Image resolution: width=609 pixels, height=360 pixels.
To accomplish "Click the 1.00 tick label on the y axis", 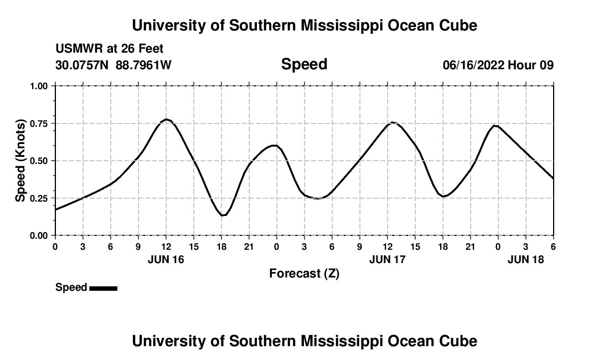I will pos(39,86).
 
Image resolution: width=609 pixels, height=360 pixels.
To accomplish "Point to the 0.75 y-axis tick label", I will pos(39,124).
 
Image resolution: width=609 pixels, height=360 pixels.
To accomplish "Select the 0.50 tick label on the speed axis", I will pos(39,161).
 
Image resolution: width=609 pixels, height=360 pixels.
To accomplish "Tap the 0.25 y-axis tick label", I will pos(39,198).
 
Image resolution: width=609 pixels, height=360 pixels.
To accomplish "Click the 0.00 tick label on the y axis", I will pos(39,235).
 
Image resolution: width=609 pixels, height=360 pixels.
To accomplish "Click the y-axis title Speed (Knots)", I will pos(20,161).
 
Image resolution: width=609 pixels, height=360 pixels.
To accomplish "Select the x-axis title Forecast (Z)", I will pos(304,274).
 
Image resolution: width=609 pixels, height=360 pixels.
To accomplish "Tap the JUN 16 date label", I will pos(166,259).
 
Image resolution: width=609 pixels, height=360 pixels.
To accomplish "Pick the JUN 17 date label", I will pos(388,259).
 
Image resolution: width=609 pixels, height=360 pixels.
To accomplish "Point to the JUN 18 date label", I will pos(526,259).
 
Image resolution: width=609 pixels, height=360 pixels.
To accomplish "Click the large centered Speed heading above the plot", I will pos(304,64).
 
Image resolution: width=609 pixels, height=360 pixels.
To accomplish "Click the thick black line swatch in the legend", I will pos(103,288).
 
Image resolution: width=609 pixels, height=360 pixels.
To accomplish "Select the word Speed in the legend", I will pos(71,287).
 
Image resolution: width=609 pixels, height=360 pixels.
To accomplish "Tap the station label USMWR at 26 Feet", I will pos(109,49).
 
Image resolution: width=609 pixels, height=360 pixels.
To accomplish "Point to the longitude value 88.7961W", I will pos(143,65).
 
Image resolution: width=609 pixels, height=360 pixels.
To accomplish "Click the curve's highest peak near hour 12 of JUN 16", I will pos(166,120).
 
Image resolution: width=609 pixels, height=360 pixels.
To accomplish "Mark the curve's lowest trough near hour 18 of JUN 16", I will pos(223,215).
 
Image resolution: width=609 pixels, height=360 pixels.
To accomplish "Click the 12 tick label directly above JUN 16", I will pos(166,246).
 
